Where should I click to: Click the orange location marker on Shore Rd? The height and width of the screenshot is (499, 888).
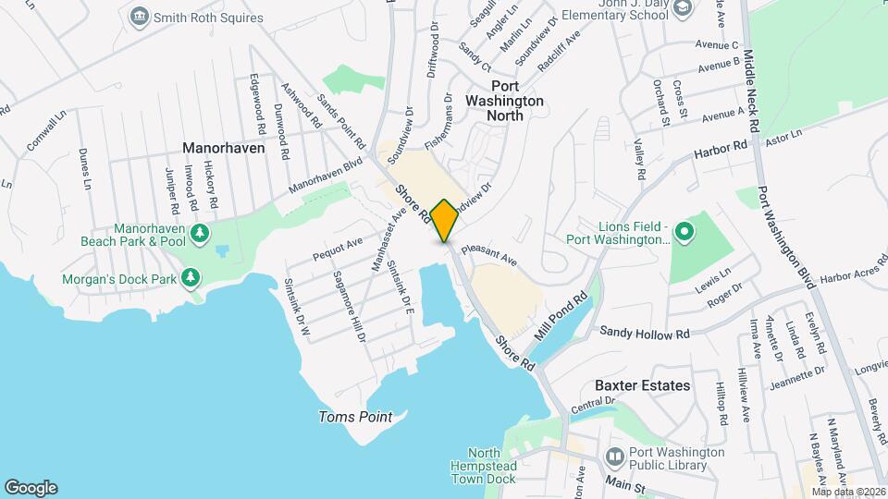click(444, 220)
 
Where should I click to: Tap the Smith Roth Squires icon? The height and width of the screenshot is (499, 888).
click(140, 16)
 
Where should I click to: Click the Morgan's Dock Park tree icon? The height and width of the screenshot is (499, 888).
click(190, 276)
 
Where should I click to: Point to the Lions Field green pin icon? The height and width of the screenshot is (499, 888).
click(684, 231)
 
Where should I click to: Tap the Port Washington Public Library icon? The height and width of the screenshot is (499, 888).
click(614, 456)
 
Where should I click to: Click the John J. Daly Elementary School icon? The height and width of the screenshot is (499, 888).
click(683, 8)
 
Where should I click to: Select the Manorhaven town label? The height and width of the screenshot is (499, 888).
click(223, 148)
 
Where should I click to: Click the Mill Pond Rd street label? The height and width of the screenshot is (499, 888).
click(561, 315)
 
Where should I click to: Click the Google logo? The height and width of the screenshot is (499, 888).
click(31, 488)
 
